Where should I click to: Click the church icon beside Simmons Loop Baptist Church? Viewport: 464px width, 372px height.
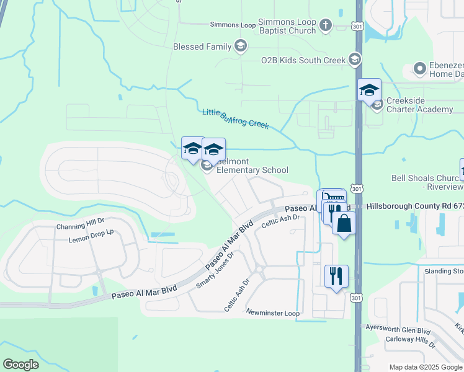326,26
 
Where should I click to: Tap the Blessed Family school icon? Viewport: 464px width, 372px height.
241,46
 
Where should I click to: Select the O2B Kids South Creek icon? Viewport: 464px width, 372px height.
354,60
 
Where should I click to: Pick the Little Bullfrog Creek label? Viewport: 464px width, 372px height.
235,119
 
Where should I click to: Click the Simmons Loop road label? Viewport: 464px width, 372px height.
233,25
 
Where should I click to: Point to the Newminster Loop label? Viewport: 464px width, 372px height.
272,313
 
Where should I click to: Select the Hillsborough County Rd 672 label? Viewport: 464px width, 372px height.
414,205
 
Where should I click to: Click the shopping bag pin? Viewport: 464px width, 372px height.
344,223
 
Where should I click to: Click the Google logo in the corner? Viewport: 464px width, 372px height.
21,365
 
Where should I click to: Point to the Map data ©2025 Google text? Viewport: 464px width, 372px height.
425,367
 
